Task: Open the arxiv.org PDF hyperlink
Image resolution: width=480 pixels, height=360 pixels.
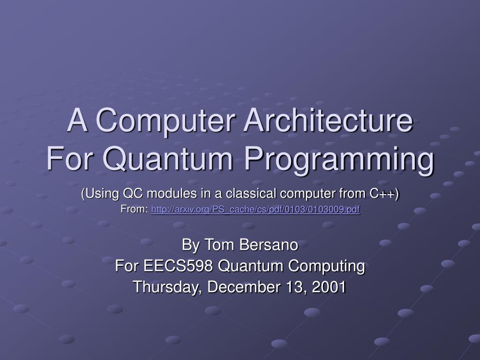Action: click(x=255, y=210)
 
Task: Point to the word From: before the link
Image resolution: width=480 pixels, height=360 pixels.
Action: click(x=135, y=210)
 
